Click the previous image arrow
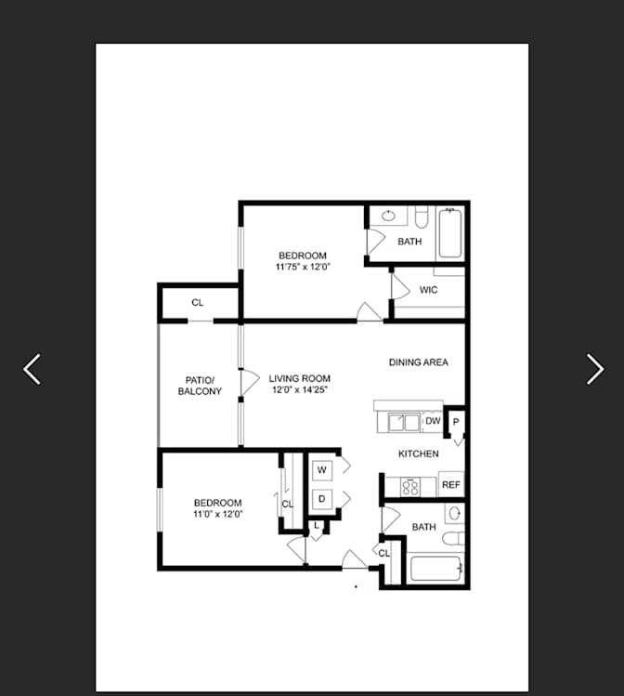click(32, 369)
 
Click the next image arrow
click(594, 369)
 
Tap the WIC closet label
click(428, 290)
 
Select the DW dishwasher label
click(433, 420)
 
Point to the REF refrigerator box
click(451, 485)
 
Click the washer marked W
click(322, 470)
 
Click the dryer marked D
click(322, 499)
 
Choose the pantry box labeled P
click(456, 422)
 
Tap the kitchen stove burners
click(410, 487)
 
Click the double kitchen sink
click(404, 422)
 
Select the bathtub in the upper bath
click(450, 233)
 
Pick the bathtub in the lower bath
click(435, 569)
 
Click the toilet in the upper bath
click(422, 217)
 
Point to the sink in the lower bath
click(455, 514)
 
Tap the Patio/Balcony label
click(200, 386)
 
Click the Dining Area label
click(418, 362)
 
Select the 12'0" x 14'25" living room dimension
click(300, 389)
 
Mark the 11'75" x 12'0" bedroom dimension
click(303, 267)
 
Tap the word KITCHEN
click(418, 453)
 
